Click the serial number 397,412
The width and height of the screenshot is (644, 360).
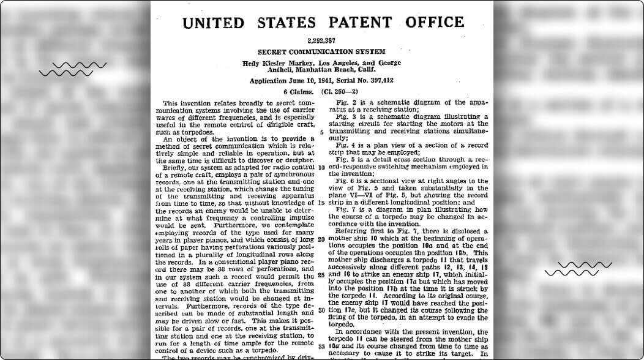[375, 81]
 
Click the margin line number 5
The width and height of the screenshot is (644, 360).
[322, 132]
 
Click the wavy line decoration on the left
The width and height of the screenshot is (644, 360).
[73, 69]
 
